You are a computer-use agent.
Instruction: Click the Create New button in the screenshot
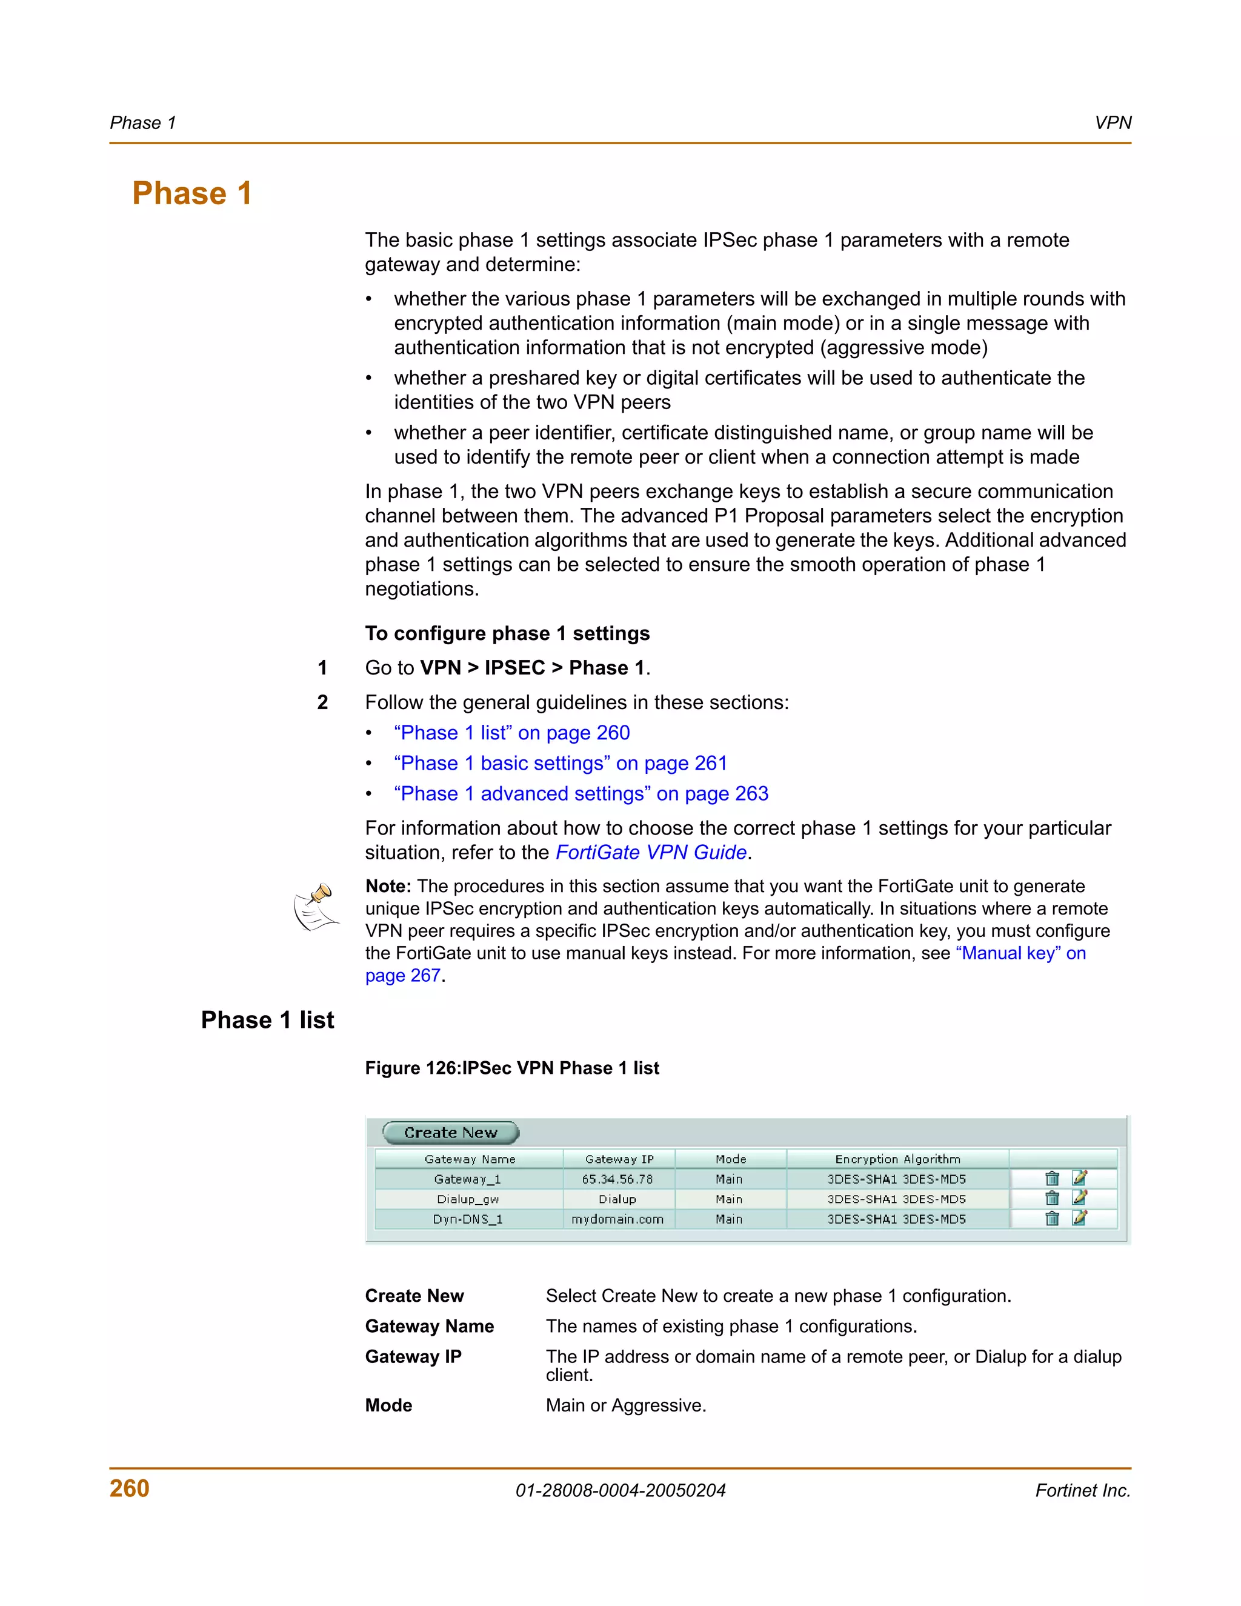pos(450,1133)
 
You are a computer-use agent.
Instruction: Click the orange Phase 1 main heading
pos(192,193)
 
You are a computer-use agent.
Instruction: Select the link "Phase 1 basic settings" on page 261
pos(561,763)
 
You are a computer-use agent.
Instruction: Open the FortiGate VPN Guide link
pos(651,852)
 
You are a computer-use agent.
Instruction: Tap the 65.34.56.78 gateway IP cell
pos(617,1179)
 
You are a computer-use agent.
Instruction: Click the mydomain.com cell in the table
pos(617,1219)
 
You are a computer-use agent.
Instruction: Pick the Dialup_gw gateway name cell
pos(468,1199)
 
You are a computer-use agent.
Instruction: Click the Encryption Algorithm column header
pos(897,1159)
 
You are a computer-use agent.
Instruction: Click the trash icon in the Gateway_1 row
pos(1052,1179)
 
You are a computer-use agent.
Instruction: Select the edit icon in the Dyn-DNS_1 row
pos(1079,1219)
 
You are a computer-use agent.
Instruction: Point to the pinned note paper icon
pos(317,907)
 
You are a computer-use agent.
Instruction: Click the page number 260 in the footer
pos(130,1488)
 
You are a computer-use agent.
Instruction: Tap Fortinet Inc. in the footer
pos(1082,1491)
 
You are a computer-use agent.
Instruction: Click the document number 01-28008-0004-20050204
pos(620,1491)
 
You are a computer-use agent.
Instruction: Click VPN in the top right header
pos(1113,123)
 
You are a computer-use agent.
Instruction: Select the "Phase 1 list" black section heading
pos(268,1020)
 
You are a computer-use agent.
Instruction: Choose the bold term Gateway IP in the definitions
pos(413,1357)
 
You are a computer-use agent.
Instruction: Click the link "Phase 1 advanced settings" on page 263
pos(581,793)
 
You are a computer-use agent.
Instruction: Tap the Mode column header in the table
pos(730,1159)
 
